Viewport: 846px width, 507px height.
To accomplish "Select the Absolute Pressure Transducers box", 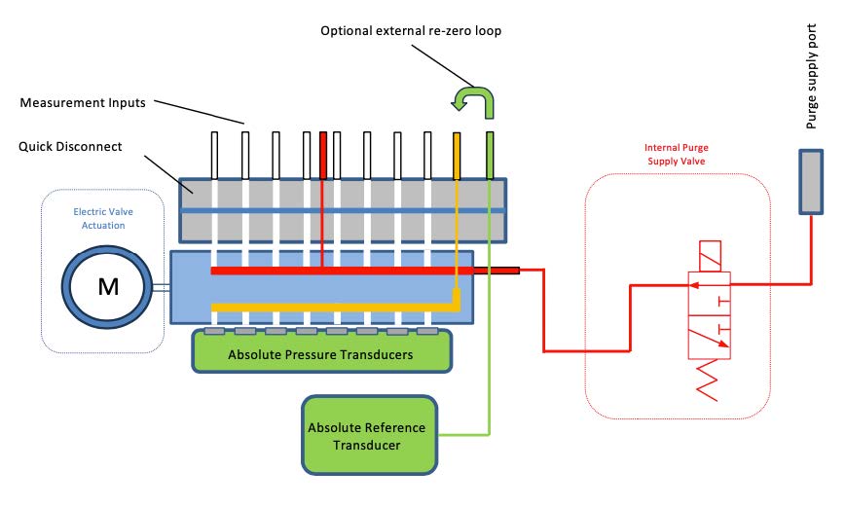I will pyautogui.click(x=321, y=353).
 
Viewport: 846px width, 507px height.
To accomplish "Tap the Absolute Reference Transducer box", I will pyautogui.click(x=367, y=434).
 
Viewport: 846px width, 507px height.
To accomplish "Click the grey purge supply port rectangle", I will pyautogui.click(x=811, y=181).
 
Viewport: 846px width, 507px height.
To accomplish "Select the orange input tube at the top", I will pyautogui.click(x=457, y=156).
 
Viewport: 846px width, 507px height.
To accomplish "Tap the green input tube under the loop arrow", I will pyautogui.click(x=490, y=156).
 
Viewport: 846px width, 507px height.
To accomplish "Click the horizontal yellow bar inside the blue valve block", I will pyautogui.click(x=331, y=308).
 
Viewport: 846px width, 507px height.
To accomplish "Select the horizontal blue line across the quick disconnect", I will pyautogui.click(x=343, y=209).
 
